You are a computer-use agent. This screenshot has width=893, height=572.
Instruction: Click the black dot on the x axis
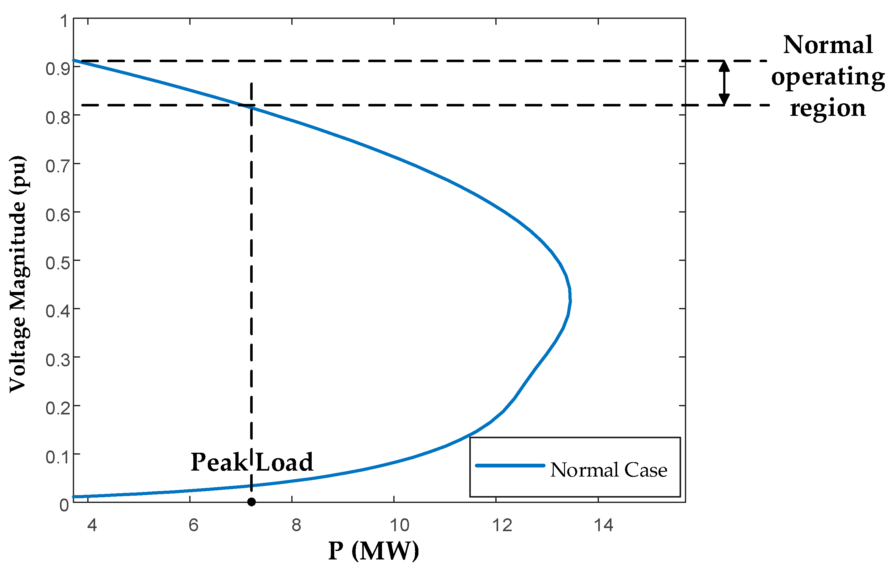click(251, 502)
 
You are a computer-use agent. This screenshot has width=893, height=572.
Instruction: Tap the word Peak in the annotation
click(219, 462)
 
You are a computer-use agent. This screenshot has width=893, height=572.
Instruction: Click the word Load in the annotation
click(284, 462)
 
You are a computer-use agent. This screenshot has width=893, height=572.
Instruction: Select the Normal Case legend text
click(609, 470)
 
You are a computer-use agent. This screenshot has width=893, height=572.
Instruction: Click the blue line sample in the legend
click(510, 465)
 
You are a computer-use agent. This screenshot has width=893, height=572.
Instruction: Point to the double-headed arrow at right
click(724, 83)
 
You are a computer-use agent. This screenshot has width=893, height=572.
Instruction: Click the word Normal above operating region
click(828, 45)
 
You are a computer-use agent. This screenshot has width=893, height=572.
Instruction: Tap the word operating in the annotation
click(828, 77)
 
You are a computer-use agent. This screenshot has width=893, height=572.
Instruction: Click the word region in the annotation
click(828, 108)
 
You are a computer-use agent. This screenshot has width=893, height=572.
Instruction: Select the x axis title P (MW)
click(374, 551)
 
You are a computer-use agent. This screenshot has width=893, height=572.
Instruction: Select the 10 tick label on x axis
click(399, 525)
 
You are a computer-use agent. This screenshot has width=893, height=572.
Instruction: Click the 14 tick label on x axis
click(603, 525)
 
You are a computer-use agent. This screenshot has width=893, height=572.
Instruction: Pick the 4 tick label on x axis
click(92, 525)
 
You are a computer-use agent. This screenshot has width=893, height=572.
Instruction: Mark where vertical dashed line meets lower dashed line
click(251, 105)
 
